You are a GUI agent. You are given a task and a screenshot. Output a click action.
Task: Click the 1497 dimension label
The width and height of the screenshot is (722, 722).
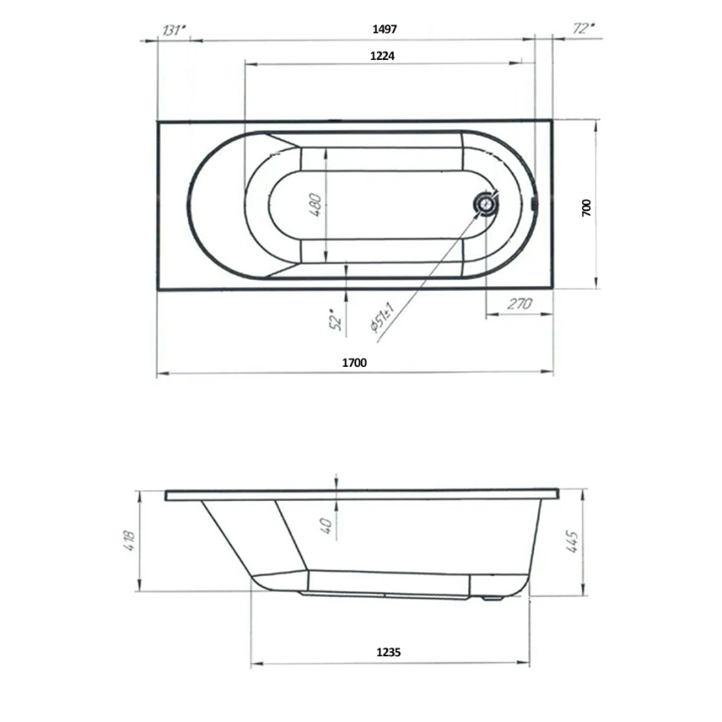(384, 28)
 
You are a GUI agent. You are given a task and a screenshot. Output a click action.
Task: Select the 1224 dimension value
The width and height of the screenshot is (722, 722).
(382, 56)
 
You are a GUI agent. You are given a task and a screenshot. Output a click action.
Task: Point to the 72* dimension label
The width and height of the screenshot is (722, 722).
(584, 28)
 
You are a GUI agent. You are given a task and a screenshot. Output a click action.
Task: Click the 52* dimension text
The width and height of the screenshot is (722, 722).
(336, 320)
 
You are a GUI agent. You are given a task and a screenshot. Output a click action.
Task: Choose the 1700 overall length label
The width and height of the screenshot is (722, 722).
(354, 363)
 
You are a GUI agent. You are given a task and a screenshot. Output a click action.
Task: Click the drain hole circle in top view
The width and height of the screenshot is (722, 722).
(484, 203)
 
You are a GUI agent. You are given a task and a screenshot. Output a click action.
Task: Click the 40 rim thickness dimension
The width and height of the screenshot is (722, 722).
(326, 524)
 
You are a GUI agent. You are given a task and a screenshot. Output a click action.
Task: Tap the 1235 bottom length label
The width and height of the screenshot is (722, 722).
(389, 653)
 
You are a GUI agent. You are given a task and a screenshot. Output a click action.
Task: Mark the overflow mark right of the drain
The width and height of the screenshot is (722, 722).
(534, 203)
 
